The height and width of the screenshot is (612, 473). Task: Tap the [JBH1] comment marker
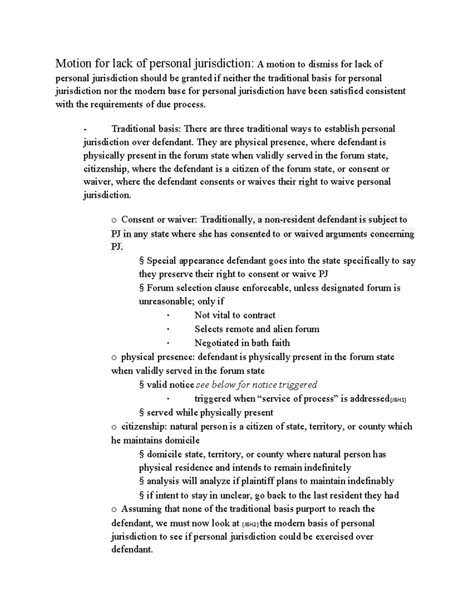coord(398,400)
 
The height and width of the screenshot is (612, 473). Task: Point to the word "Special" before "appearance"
coord(162,261)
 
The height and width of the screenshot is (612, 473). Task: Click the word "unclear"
coord(235,495)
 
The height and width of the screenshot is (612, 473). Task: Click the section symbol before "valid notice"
coord(142,385)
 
